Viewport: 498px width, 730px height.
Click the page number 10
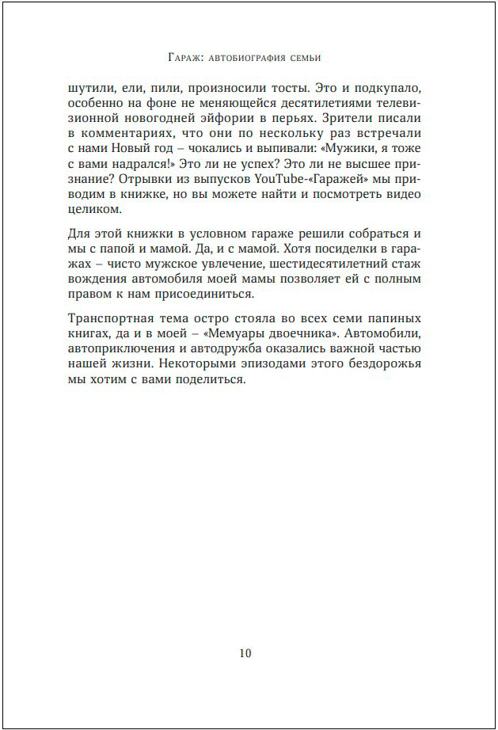[x=245, y=653]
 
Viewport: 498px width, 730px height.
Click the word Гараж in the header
[x=186, y=57]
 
